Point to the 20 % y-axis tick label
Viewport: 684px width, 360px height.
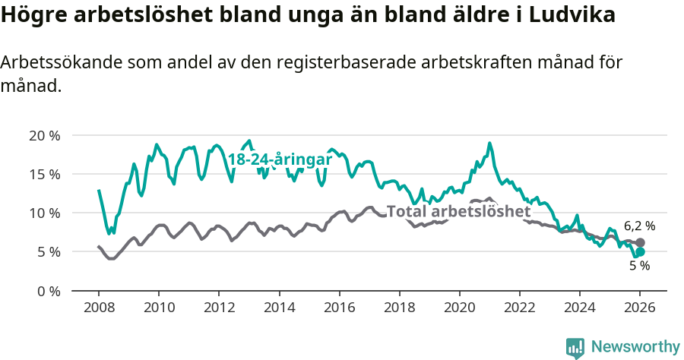(44, 135)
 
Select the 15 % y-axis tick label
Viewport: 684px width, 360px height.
(44, 174)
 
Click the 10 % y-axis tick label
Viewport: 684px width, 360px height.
(44, 213)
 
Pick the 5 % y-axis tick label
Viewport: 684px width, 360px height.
(48, 251)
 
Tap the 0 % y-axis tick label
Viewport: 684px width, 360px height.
(48, 291)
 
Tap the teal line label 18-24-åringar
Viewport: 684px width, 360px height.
(280, 159)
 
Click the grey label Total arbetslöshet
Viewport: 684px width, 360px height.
(458, 211)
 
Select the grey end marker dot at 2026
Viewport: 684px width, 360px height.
(640, 243)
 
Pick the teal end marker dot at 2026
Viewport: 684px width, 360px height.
(640, 252)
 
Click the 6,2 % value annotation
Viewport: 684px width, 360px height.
(639, 226)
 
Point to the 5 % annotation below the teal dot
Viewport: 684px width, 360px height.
(639, 266)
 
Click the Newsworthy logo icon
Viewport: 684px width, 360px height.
(575, 347)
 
